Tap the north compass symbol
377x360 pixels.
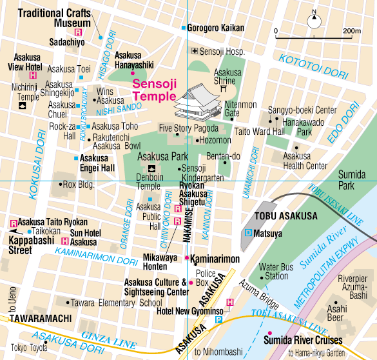point(314,17)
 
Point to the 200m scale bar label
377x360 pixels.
point(351,30)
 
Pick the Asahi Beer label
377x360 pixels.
point(337,314)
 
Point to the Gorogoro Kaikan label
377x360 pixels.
point(216,28)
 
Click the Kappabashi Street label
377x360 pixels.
point(21,245)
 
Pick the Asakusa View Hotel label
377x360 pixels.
point(24,61)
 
